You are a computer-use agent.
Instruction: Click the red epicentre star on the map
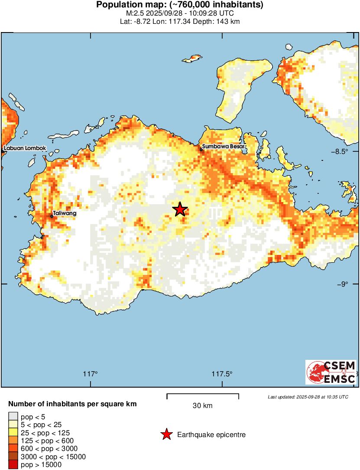coord(180,209)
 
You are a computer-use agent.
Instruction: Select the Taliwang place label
coord(65,214)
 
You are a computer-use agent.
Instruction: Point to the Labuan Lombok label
coord(25,148)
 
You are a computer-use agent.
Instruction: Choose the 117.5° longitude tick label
coord(222,374)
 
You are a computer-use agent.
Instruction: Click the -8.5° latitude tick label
coord(346,151)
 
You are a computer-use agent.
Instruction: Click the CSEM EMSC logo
coord(331,372)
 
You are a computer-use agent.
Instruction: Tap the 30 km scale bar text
coord(202,406)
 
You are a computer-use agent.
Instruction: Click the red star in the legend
coord(166,434)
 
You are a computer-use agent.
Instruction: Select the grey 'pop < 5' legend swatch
coord(13,417)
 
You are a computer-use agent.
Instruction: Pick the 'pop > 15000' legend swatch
coord(13,465)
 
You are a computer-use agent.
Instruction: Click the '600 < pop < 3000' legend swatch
coord(13,449)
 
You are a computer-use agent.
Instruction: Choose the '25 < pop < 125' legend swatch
coord(13,433)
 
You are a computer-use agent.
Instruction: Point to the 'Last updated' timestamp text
coord(308,397)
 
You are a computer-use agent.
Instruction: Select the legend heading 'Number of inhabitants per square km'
coord(72,404)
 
